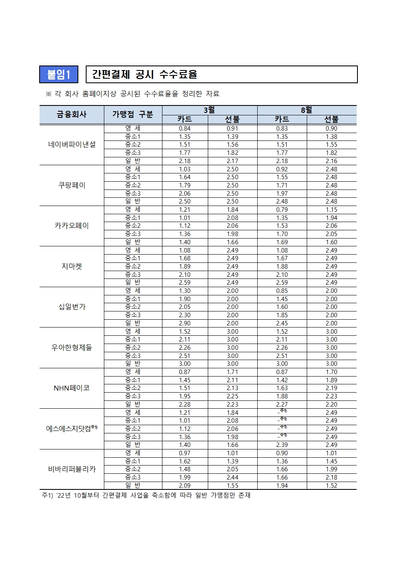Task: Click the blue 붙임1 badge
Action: (x=59, y=75)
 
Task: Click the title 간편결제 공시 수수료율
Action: (x=144, y=75)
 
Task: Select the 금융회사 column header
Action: (x=72, y=115)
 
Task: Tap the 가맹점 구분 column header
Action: (x=133, y=115)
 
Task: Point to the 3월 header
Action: (x=209, y=110)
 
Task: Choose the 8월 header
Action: (x=306, y=110)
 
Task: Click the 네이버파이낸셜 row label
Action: (x=72, y=145)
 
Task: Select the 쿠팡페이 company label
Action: (x=72, y=185)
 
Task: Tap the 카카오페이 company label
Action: (x=72, y=226)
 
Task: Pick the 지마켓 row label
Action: (x=72, y=267)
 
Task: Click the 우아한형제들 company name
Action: (x=72, y=348)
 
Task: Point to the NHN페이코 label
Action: (x=72, y=388)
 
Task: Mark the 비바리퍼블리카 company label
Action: (x=72, y=469)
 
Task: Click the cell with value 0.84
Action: (x=185, y=129)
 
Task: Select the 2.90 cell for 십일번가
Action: (x=185, y=323)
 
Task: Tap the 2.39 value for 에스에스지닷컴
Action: (x=282, y=445)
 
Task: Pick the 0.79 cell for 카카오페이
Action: (x=282, y=210)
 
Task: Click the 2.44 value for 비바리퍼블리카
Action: (x=233, y=477)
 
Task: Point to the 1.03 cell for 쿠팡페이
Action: (x=185, y=169)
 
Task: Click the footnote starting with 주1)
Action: (x=146, y=495)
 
